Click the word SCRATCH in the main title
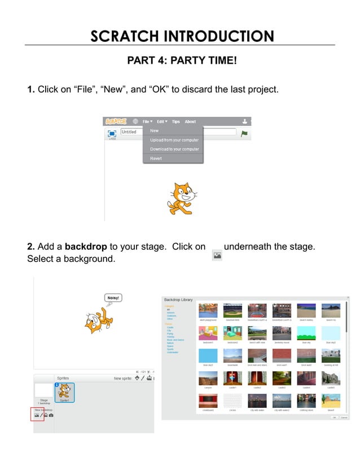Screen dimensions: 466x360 (124, 37)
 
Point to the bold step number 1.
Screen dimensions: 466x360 (31, 90)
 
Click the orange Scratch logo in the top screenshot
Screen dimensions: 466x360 (116, 121)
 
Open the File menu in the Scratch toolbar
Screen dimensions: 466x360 (147, 121)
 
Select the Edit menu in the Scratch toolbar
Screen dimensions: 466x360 (162, 121)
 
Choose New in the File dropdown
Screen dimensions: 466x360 (154, 131)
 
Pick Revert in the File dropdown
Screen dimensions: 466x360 (156, 159)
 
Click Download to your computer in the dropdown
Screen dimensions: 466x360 (174, 149)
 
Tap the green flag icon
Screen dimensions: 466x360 (244, 133)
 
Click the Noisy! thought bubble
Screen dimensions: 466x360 (113, 297)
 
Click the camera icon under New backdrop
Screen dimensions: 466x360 (51, 415)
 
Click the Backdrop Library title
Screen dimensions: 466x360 (178, 299)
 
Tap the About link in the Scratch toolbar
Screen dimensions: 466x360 (190, 121)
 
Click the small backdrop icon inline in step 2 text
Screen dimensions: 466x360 (217, 256)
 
